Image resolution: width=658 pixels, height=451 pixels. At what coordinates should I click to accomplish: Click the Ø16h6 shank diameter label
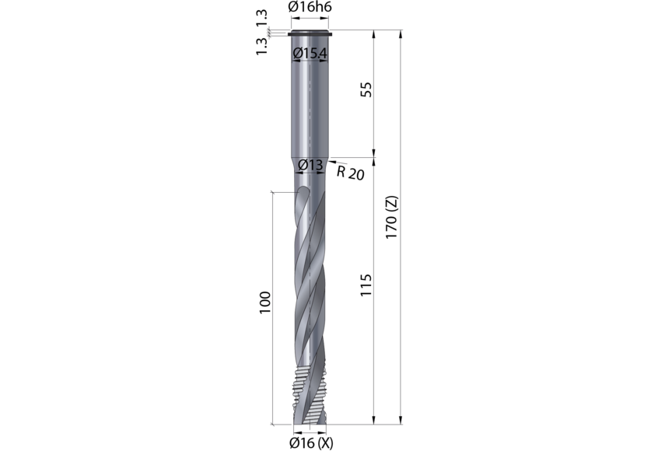tap(310, 7)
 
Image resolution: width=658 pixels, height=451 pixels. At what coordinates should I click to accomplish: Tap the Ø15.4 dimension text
tap(310, 54)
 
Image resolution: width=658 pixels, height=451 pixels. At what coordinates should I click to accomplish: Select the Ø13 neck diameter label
tap(310, 165)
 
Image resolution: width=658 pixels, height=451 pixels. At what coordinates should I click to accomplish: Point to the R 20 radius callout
tap(350, 173)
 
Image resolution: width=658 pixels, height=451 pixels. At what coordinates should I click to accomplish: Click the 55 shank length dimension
tap(366, 89)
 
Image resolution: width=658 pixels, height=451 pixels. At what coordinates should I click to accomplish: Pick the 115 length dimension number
tap(366, 285)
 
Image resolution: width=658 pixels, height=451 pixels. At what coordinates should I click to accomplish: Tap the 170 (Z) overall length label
tap(391, 217)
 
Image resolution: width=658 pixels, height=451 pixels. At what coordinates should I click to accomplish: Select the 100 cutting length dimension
tap(265, 302)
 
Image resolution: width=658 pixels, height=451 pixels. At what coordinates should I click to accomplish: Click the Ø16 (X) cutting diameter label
tap(311, 443)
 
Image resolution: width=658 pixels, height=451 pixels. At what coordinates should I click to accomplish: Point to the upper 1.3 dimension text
tap(261, 18)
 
